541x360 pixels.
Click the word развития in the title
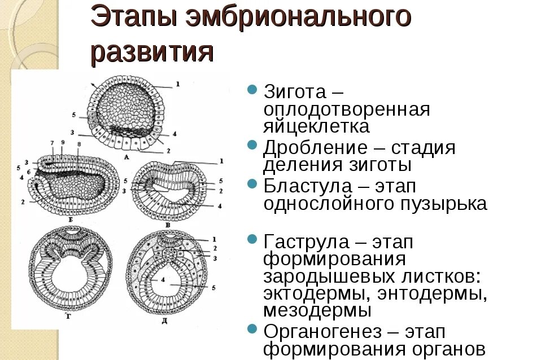click(x=152, y=53)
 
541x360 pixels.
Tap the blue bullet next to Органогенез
click(x=253, y=329)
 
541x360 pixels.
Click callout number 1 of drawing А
click(x=177, y=85)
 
